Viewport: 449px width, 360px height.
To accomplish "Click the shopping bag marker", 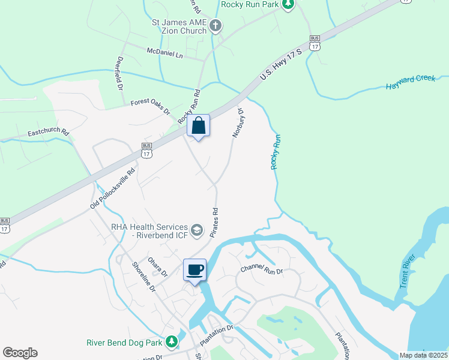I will pos(199,127).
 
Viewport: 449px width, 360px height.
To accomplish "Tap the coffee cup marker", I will pos(194,270).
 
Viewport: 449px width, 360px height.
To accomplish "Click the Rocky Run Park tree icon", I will pos(289,5).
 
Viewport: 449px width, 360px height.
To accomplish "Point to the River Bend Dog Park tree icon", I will pos(172,342).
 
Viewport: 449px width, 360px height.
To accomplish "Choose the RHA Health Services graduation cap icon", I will pos(196,230).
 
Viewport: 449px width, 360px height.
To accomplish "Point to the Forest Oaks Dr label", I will pos(151,107).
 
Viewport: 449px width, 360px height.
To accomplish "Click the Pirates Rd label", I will pos(214,222).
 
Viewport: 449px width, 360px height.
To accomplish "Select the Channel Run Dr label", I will pos(261,269).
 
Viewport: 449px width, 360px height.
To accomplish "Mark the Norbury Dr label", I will pos(237,123).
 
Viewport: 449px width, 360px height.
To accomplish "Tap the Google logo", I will pos(20,353).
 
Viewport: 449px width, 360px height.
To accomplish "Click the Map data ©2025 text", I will pos(423,355).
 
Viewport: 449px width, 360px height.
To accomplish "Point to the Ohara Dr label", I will pos(158,266).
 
